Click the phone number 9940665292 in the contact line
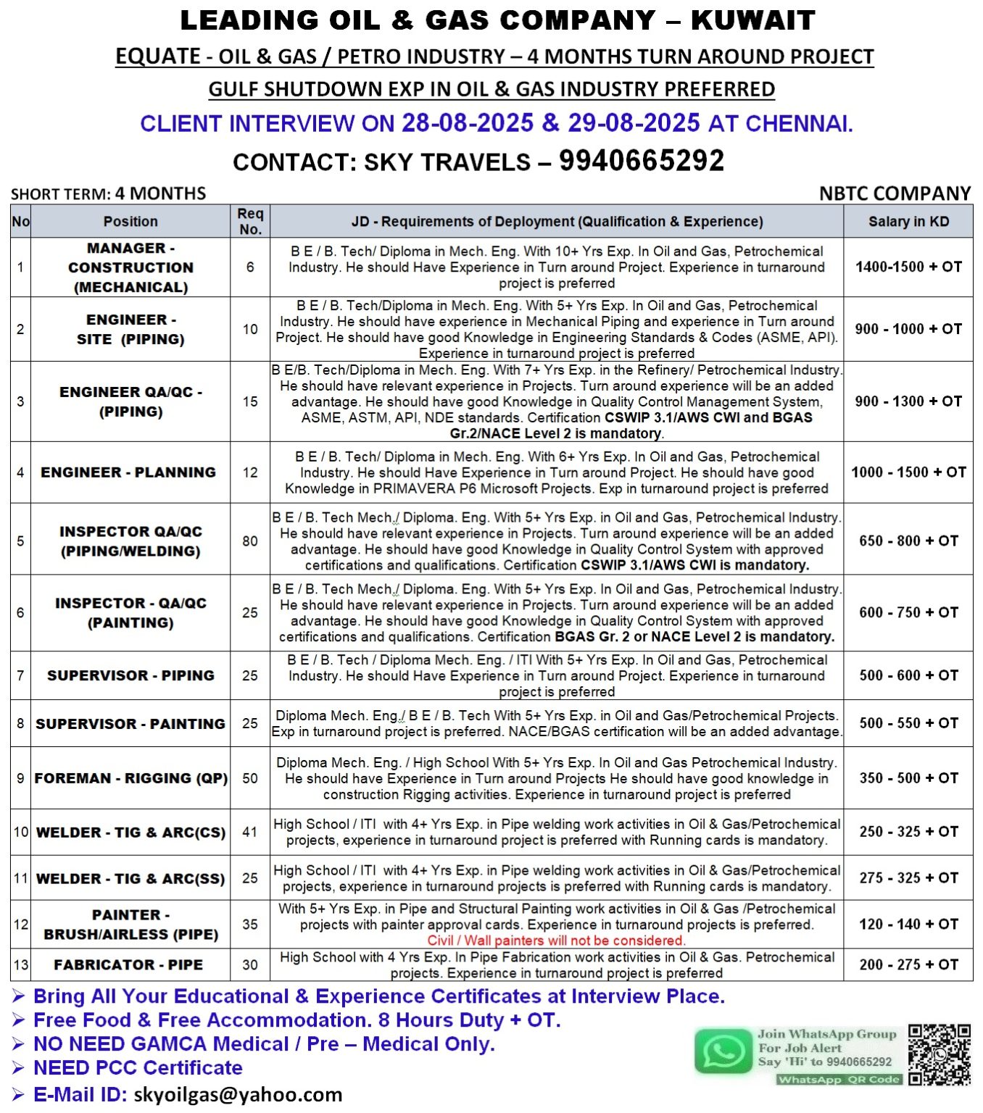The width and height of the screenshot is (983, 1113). (x=641, y=161)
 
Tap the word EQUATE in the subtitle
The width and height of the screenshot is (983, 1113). (x=157, y=57)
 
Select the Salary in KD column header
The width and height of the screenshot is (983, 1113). (x=908, y=222)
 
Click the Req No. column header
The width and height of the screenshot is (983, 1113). (x=250, y=221)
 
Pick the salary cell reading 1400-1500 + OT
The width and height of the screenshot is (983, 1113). (x=908, y=267)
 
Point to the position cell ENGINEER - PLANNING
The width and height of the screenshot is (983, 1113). (x=128, y=472)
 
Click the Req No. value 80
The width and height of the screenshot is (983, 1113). (x=250, y=541)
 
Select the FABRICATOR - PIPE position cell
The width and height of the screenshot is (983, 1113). (x=128, y=964)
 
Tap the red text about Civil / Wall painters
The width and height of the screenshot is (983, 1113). (x=556, y=941)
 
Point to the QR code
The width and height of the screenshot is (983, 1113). (x=939, y=1054)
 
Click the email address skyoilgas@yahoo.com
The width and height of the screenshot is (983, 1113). (x=238, y=1094)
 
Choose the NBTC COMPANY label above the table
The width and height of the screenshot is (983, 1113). (x=895, y=193)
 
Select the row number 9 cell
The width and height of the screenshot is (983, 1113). (x=20, y=778)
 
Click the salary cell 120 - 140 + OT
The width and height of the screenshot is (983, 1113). (x=908, y=924)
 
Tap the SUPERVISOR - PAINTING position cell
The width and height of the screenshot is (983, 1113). (x=130, y=724)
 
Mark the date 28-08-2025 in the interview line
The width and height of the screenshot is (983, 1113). (x=468, y=123)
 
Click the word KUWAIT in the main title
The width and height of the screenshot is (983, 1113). (x=752, y=20)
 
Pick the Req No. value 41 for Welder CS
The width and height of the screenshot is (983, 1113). (x=250, y=832)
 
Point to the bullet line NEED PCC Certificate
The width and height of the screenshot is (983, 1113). (x=138, y=1067)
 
